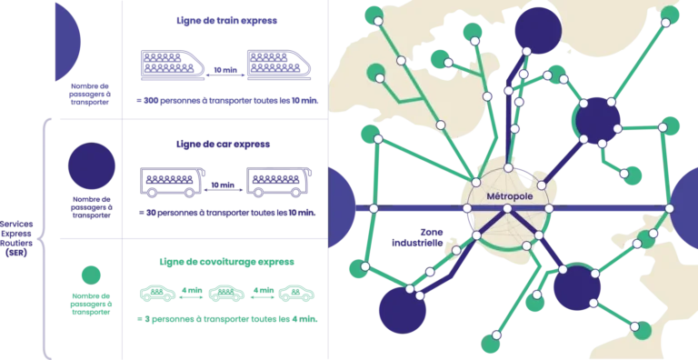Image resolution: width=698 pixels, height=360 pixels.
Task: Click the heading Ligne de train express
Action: click(226, 21)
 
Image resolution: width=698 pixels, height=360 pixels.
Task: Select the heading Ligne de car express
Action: click(223, 145)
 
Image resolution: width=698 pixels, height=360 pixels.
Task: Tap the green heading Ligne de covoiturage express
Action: click(226, 262)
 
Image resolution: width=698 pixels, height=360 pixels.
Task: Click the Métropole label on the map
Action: click(509, 196)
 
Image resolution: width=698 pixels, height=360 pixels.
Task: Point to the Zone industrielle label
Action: click(417, 237)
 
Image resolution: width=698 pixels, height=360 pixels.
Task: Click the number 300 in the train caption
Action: click(151, 101)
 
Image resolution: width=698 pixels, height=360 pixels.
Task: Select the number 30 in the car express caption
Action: click(151, 213)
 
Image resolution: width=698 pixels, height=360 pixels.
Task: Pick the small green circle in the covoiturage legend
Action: click(91, 275)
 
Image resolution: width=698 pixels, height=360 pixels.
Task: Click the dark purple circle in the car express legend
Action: click(91, 165)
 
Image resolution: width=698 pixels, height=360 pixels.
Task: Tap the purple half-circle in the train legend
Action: click(66, 43)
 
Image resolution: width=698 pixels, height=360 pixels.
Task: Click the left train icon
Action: click(173, 65)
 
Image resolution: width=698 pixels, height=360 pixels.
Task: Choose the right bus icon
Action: click(279, 182)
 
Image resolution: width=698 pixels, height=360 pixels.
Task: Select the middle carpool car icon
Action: click(226, 293)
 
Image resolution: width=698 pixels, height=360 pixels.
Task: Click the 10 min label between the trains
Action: click(224, 70)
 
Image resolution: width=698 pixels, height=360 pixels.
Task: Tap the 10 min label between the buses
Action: click(223, 185)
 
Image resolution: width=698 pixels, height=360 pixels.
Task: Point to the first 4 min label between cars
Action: click(192, 291)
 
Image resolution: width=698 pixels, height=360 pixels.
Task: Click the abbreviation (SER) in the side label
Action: click(16, 253)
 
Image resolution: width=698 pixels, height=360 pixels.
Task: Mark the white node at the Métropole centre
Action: click(507, 208)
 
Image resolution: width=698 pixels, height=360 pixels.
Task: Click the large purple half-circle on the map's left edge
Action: click(342, 208)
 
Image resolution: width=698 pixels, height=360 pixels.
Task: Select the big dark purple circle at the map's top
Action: click(538, 31)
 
